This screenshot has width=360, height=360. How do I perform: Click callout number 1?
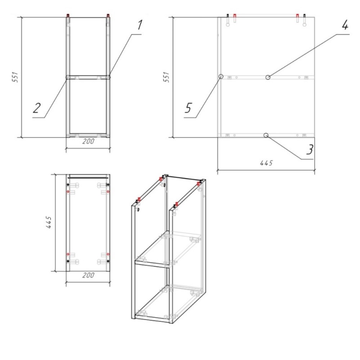pyautogui.click(x=140, y=25)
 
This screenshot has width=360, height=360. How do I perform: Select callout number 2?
pyautogui.click(x=37, y=108)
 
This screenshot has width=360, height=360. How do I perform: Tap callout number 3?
pyautogui.click(x=310, y=149)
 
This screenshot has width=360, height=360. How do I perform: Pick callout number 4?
pyautogui.click(x=345, y=25)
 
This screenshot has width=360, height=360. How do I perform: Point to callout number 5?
pyautogui.click(x=188, y=108)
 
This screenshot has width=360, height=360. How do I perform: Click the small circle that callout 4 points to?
pyautogui.click(x=268, y=77)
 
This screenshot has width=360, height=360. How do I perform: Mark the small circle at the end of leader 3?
pyautogui.click(x=266, y=135)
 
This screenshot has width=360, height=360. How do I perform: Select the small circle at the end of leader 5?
pyautogui.click(x=221, y=76)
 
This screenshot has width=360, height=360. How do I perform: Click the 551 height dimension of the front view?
pyautogui.click(x=15, y=77)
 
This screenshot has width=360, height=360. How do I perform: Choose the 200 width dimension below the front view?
pyautogui.click(x=88, y=141)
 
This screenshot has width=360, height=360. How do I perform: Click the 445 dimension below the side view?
pyautogui.click(x=266, y=163)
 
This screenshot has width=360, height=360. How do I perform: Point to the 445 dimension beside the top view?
pyautogui.click(x=49, y=222)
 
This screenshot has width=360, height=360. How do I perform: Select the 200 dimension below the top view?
pyautogui.click(x=88, y=275)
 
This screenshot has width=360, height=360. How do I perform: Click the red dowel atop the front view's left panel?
pyautogui.click(x=68, y=15)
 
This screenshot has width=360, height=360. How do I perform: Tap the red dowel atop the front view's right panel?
pyautogui.click(x=108, y=15)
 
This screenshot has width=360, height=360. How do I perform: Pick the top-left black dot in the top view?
pyautogui.click(x=68, y=185)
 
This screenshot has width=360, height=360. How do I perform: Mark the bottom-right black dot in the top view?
pyautogui.click(x=108, y=261)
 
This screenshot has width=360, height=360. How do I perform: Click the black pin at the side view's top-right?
pyautogui.click(x=305, y=15)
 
